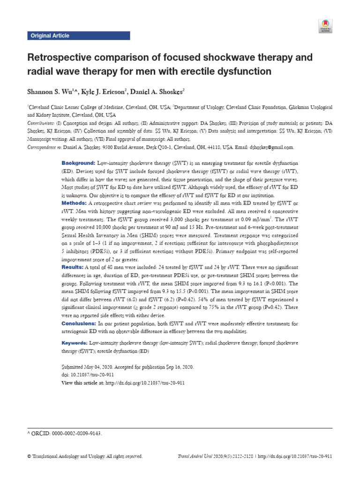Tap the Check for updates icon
click(x=325, y=26)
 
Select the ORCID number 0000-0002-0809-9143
click(x=75, y=434)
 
